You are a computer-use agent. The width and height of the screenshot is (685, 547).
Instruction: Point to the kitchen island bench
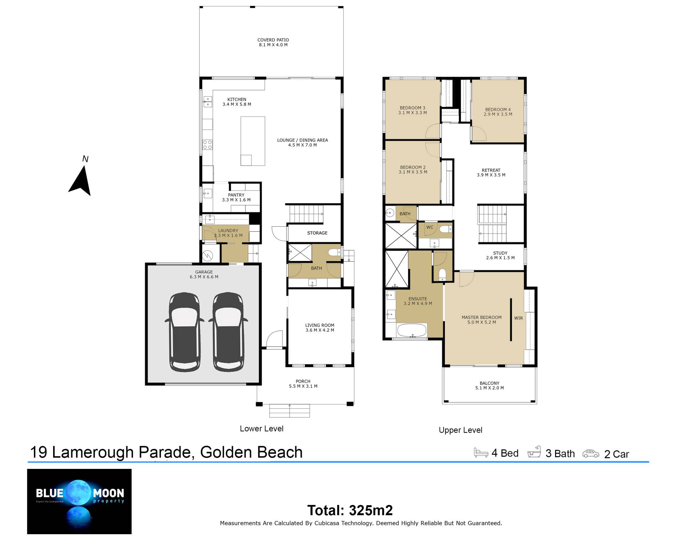[x=253, y=141]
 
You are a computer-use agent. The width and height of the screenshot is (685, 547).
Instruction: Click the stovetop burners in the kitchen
[x=208, y=144]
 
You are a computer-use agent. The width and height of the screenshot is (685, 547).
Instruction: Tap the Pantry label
[x=236, y=195]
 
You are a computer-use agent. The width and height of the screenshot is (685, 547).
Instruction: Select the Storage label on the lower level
[x=317, y=233]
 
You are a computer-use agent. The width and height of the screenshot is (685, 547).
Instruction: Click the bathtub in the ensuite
[x=412, y=330]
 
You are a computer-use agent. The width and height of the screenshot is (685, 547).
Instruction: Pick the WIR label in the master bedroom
[x=518, y=318]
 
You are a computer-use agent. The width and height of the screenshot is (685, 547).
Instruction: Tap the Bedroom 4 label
[x=498, y=109]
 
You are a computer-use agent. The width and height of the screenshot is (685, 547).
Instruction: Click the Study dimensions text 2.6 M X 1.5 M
[x=500, y=258]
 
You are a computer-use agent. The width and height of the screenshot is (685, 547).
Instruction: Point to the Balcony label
[x=489, y=383]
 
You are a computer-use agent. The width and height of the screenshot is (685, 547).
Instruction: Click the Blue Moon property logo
[x=79, y=501]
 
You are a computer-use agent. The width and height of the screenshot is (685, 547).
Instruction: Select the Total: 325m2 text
[x=350, y=510]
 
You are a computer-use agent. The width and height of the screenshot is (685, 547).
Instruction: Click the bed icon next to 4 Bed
[x=481, y=453]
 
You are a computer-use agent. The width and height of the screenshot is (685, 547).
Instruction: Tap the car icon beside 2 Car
[x=591, y=454]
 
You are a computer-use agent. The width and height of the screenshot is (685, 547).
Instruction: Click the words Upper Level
[x=460, y=430]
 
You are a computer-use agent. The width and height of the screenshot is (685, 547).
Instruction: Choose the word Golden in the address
[x=226, y=452]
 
